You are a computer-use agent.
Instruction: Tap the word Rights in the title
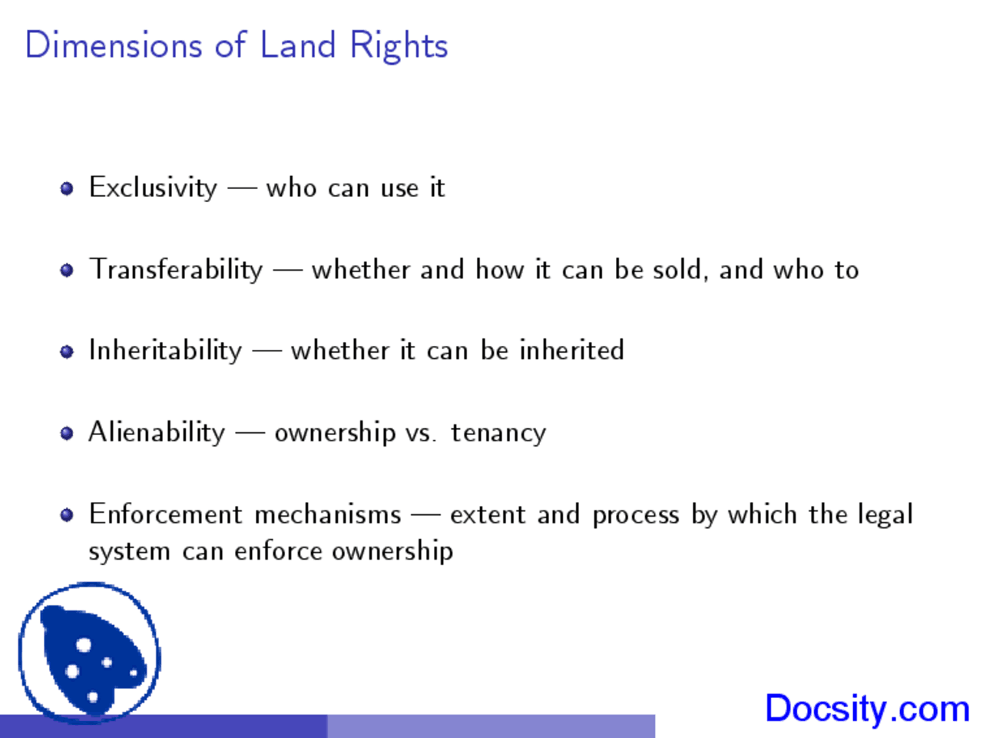point(399,46)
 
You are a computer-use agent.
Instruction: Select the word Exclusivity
point(153,188)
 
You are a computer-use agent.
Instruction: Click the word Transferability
point(176,270)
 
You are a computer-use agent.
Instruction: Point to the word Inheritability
point(165,351)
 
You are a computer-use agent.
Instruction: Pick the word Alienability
point(157,432)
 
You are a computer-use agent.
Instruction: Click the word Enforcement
point(165,514)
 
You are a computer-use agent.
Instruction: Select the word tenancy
point(498,434)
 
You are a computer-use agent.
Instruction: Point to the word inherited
point(571,351)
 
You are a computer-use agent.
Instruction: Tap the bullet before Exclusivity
point(67,188)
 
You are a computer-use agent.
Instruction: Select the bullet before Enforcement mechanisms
point(67,514)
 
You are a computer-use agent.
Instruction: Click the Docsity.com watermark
point(867,708)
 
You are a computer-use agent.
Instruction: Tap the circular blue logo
point(89,653)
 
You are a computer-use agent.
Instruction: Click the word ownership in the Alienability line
point(334,434)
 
